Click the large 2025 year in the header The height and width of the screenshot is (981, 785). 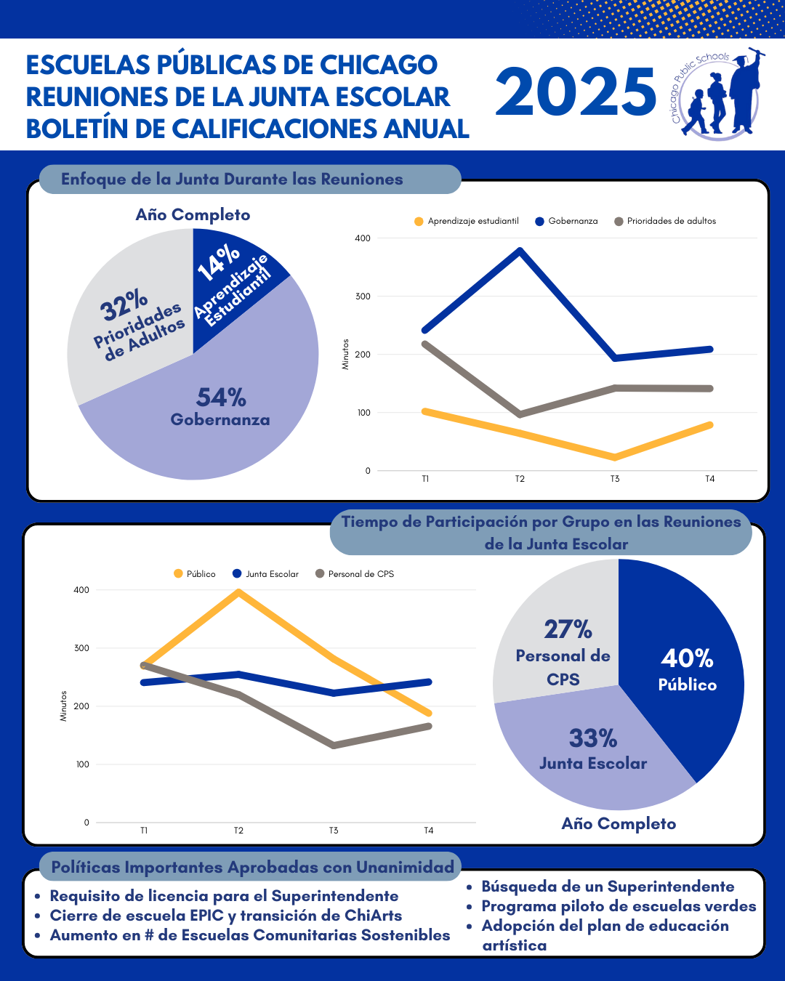click(x=576, y=92)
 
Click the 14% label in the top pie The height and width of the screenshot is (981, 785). click(x=219, y=262)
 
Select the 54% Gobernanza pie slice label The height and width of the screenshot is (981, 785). click(x=221, y=407)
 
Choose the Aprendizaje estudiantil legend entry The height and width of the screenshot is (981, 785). click(x=467, y=221)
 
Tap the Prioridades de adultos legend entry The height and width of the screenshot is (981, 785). click(x=665, y=221)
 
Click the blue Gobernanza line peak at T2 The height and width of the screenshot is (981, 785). click(x=520, y=251)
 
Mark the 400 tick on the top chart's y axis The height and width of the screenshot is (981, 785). click(x=363, y=238)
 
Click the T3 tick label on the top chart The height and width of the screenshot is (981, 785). click(x=615, y=479)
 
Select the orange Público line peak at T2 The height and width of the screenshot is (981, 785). click(x=238, y=592)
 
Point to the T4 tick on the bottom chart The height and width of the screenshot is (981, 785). click(x=429, y=831)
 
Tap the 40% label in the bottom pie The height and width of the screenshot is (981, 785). click(x=687, y=658)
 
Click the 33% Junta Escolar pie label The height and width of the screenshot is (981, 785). click(x=593, y=748)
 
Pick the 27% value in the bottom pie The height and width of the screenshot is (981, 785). click(x=568, y=629)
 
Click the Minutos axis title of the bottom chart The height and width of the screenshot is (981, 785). click(x=63, y=706)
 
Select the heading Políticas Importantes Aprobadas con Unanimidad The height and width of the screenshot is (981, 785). click(x=252, y=867)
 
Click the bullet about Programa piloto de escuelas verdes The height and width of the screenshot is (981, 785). click(x=619, y=906)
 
